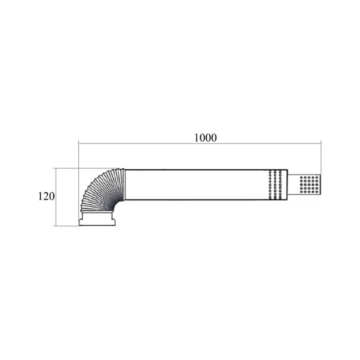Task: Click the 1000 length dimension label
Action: (206, 138)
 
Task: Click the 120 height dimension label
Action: (46, 196)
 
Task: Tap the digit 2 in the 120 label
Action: (46, 196)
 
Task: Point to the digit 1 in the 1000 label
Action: (197, 138)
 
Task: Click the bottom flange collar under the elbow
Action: (97, 219)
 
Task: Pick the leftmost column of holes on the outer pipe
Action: (270, 185)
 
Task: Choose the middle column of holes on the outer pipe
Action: (275, 185)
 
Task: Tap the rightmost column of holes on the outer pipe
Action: (280, 185)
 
